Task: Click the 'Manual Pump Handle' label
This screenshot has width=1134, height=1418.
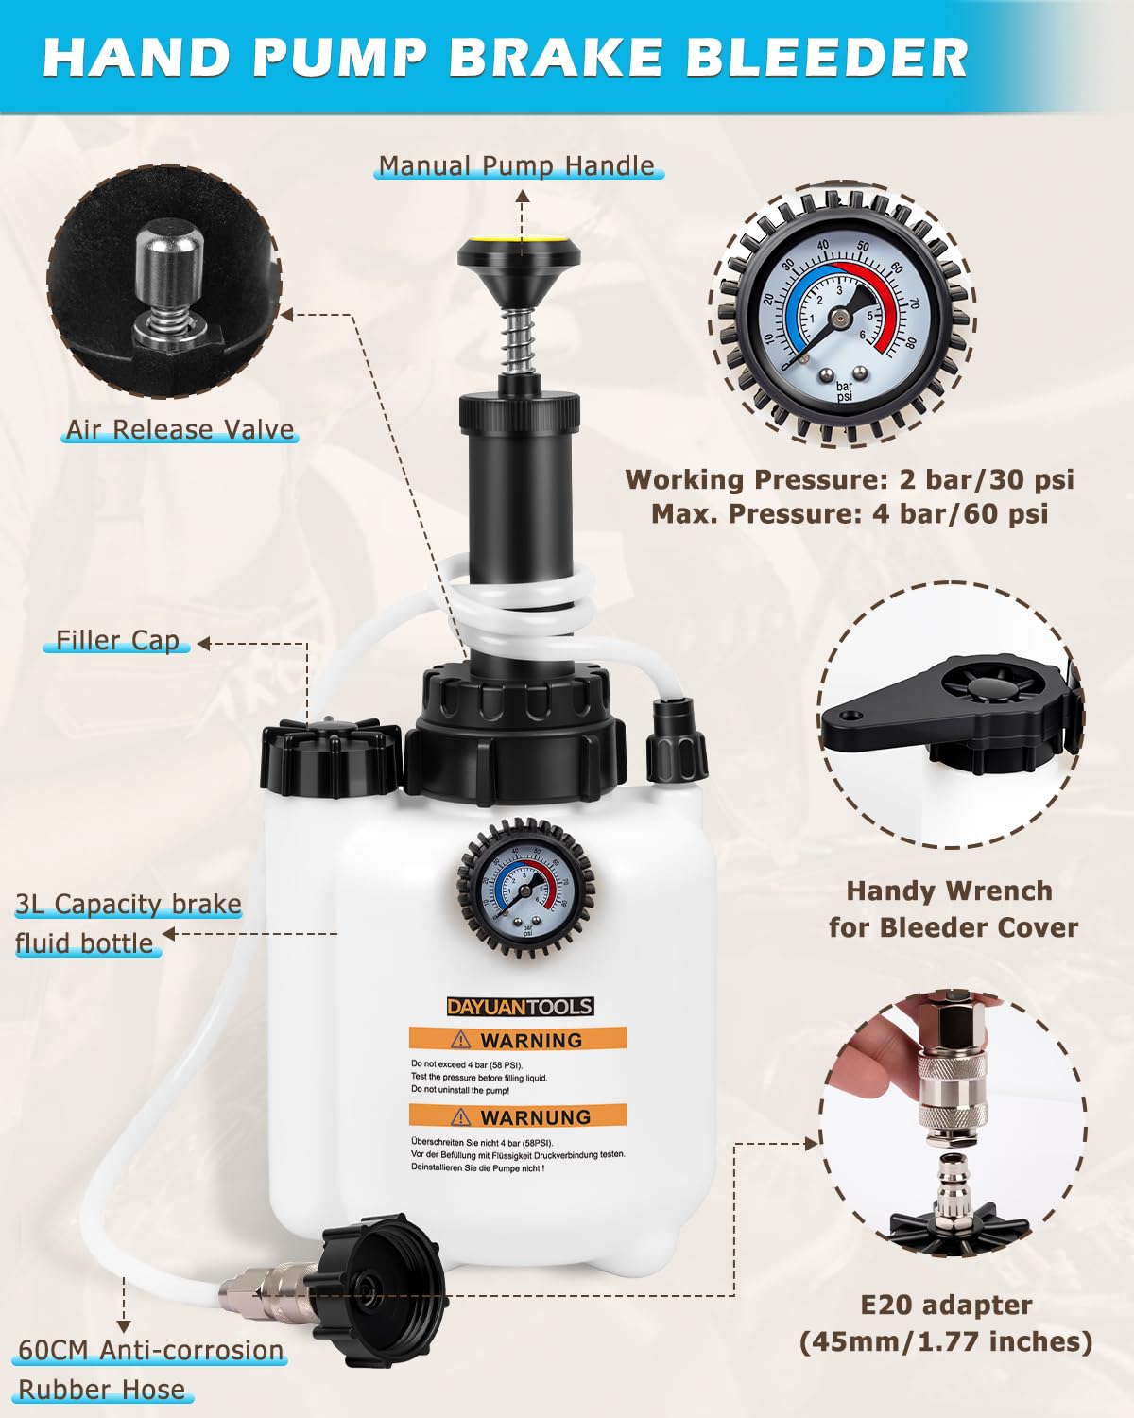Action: click(517, 165)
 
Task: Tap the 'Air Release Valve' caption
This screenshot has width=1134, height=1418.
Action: click(180, 429)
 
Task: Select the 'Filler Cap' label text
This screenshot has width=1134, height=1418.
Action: click(117, 640)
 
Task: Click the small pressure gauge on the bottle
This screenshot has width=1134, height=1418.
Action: click(526, 890)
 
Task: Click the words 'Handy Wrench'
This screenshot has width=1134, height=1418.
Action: click(950, 891)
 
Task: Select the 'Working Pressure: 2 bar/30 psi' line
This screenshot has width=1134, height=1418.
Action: click(850, 479)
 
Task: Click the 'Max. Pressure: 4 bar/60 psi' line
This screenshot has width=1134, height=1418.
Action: click(850, 514)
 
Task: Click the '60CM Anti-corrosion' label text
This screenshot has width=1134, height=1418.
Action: click(150, 1350)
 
